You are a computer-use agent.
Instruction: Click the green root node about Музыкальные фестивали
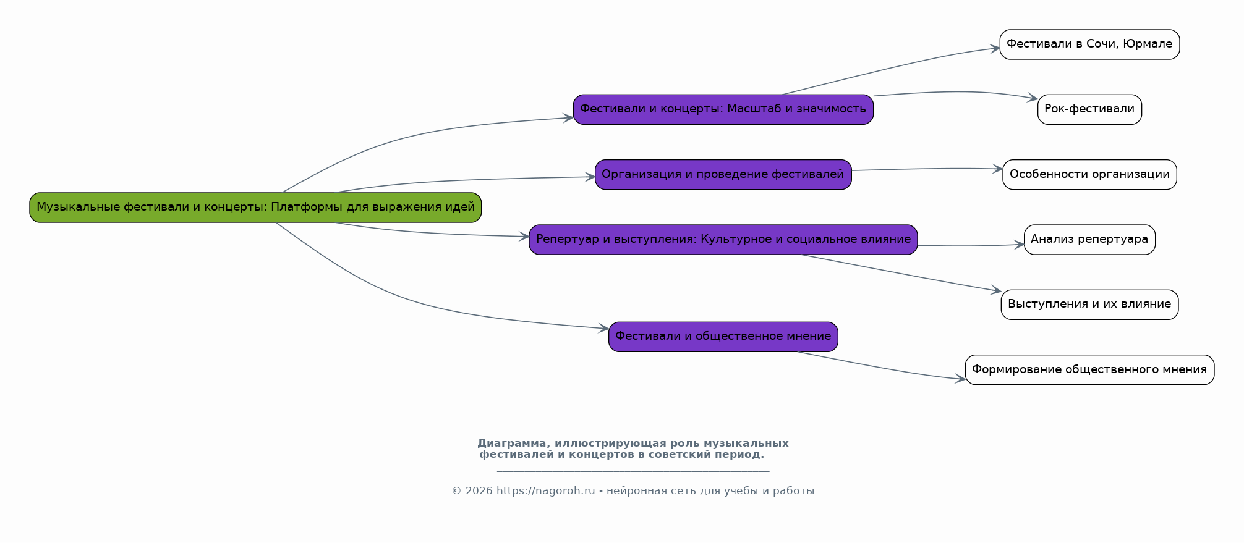click(x=255, y=208)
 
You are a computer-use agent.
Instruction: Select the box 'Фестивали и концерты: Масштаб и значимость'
click(x=723, y=109)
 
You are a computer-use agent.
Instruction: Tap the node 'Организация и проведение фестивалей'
click(x=723, y=174)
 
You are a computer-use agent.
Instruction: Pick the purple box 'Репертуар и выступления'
click(x=723, y=240)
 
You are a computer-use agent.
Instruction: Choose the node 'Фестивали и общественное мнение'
click(x=723, y=337)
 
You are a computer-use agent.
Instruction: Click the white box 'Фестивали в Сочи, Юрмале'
click(x=1089, y=44)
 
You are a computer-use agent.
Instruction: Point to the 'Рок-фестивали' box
click(x=1089, y=109)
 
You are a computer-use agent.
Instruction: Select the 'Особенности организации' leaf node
click(x=1089, y=175)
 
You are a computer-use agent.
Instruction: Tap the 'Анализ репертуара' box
click(x=1089, y=240)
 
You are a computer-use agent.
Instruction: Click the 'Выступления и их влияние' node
click(x=1089, y=305)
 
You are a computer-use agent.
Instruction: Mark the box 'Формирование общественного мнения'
click(x=1089, y=369)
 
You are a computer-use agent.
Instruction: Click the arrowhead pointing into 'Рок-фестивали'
click(x=1033, y=98)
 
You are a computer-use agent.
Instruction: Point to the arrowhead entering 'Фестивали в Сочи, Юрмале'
click(x=995, y=48)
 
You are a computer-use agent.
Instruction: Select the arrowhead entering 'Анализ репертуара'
click(x=1020, y=245)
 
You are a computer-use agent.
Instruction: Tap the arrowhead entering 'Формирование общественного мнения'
click(x=960, y=379)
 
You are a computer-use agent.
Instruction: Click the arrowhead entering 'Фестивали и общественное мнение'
click(x=604, y=329)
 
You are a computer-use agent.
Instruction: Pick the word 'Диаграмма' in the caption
click(x=510, y=444)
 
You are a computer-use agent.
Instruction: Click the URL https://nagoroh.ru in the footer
click(x=545, y=491)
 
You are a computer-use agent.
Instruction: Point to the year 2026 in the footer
click(x=479, y=491)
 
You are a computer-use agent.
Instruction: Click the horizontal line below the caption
click(x=633, y=472)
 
